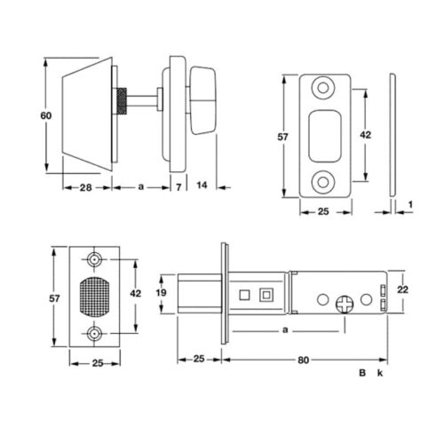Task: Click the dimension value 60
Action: (46, 115)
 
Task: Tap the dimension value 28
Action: (86, 187)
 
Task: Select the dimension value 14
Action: (202, 186)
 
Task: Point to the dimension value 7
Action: (178, 187)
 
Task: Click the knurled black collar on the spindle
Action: (121, 101)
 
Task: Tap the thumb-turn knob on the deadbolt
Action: (202, 100)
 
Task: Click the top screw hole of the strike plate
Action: (323, 88)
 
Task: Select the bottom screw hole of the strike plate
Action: (323, 182)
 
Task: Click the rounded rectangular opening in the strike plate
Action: (325, 136)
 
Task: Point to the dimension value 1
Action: (410, 204)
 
